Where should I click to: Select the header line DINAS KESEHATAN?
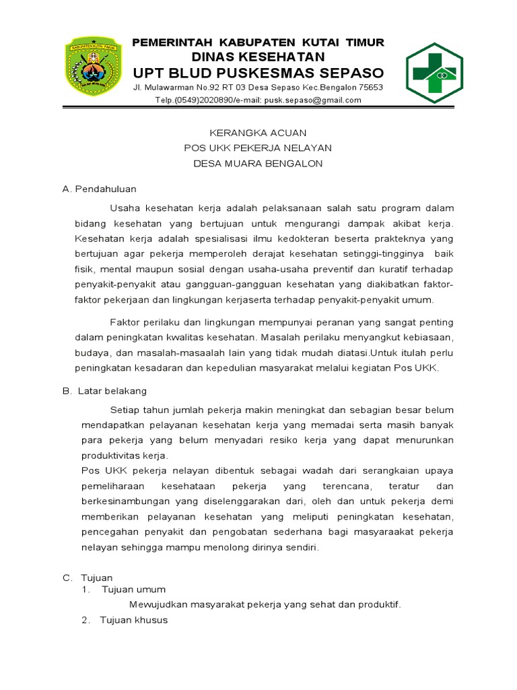click(x=258, y=57)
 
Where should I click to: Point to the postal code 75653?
click(x=371, y=88)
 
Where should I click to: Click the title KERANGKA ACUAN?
click(x=258, y=133)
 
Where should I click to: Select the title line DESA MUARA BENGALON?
click(x=258, y=163)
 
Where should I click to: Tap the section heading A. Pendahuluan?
click(x=99, y=189)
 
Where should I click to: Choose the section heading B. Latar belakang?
click(x=104, y=391)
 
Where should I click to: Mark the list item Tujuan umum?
click(x=133, y=590)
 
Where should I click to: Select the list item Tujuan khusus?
click(x=133, y=620)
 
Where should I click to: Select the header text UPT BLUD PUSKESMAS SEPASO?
click(x=258, y=73)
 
